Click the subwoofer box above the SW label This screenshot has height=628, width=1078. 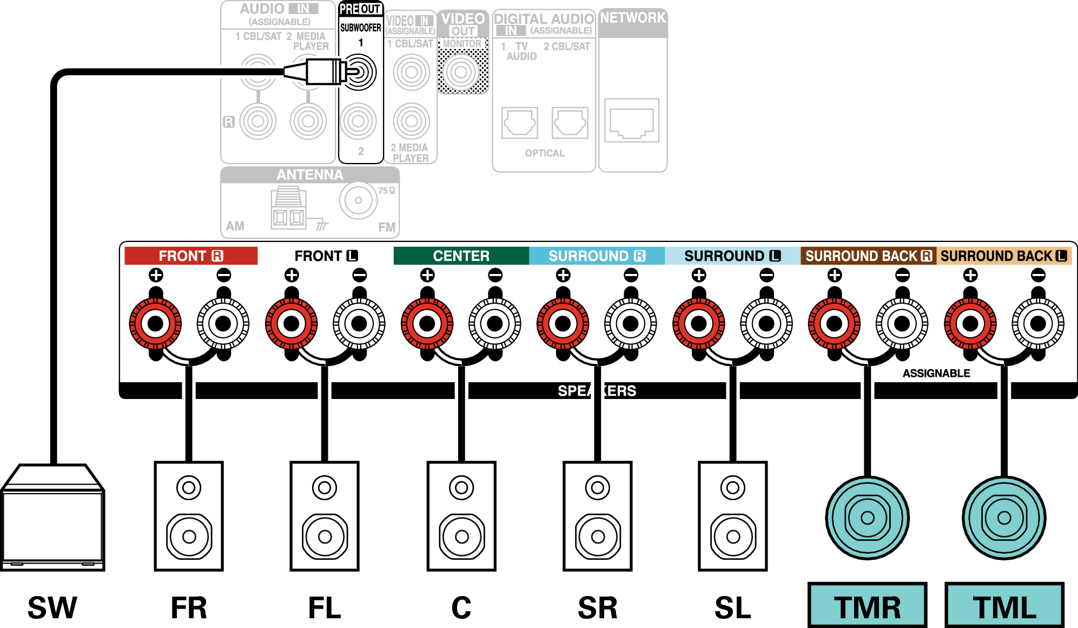point(52,517)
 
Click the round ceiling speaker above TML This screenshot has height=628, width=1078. point(1004,518)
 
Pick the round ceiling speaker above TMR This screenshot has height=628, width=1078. point(868,518)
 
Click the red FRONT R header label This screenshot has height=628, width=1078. point(191,256)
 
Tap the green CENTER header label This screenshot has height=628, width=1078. point(461,256)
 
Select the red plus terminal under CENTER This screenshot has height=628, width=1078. point(427,324)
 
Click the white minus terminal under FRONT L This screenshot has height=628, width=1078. point(359,324)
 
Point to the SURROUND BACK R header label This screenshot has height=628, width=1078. point(868,256)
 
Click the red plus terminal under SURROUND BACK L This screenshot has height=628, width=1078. point(970,324)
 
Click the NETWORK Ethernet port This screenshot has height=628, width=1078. point(632,120)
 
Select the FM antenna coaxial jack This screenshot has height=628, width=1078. point(358,200)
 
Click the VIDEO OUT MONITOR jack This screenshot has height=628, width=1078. point(461,71)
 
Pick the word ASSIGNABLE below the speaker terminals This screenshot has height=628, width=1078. point(936,373)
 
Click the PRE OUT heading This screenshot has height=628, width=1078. point(360,9)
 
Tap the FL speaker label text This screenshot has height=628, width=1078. point(325,607)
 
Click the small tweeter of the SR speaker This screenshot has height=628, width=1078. point(598,488)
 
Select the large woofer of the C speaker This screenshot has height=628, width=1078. point(462,537)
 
